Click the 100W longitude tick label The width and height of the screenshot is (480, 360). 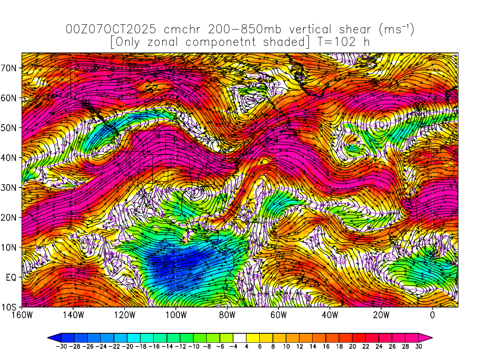pyautogui.click(x=176, y=315)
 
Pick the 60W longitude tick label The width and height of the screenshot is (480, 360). pyautogui.click(x=278, y=315)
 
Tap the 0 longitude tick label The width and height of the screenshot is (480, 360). pyautogui.click(x=432, y=315)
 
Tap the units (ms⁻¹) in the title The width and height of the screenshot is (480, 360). pyautogui.click(x=396, y=30)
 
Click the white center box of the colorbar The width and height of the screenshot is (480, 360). pyautogui.click(x=240, y=337)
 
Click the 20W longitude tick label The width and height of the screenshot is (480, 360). pyautogui.click(x=381, y=315)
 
